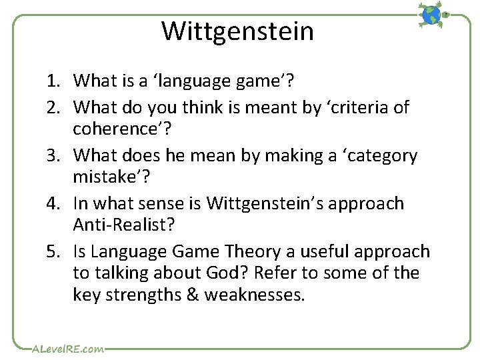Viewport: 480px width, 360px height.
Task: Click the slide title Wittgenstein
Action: coord(237,31)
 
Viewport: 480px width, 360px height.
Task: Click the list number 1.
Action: coord(53,82)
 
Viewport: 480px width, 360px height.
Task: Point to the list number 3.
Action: coord(53,156)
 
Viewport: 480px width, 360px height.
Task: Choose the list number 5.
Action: coord(53,252)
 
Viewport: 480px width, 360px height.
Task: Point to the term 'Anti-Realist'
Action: coord(124,225)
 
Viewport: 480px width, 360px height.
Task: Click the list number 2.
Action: coord(53,107)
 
